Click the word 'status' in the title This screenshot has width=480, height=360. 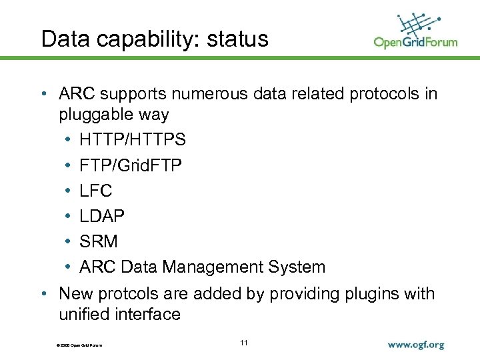[237, 39]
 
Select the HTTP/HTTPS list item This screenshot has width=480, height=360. [133, 140]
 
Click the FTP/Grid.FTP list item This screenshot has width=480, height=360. [130, 165]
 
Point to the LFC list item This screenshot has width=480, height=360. [96, 191]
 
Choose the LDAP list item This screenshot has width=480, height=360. [102, 216]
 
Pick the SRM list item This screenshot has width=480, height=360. [98, 241]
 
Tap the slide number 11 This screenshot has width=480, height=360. [243, 343]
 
